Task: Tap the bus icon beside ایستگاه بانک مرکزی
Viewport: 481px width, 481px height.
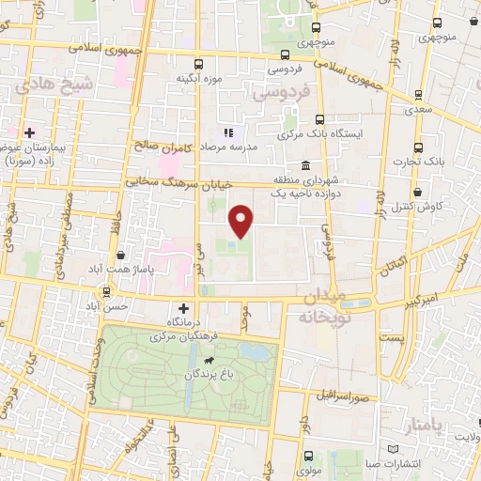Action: click(320, 119)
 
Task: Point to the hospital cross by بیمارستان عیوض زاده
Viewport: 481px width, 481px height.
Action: click(30, 132)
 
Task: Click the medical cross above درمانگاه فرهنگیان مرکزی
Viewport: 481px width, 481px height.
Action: click(183, 307)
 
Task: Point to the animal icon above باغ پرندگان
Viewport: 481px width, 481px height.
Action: click(205, 360)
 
